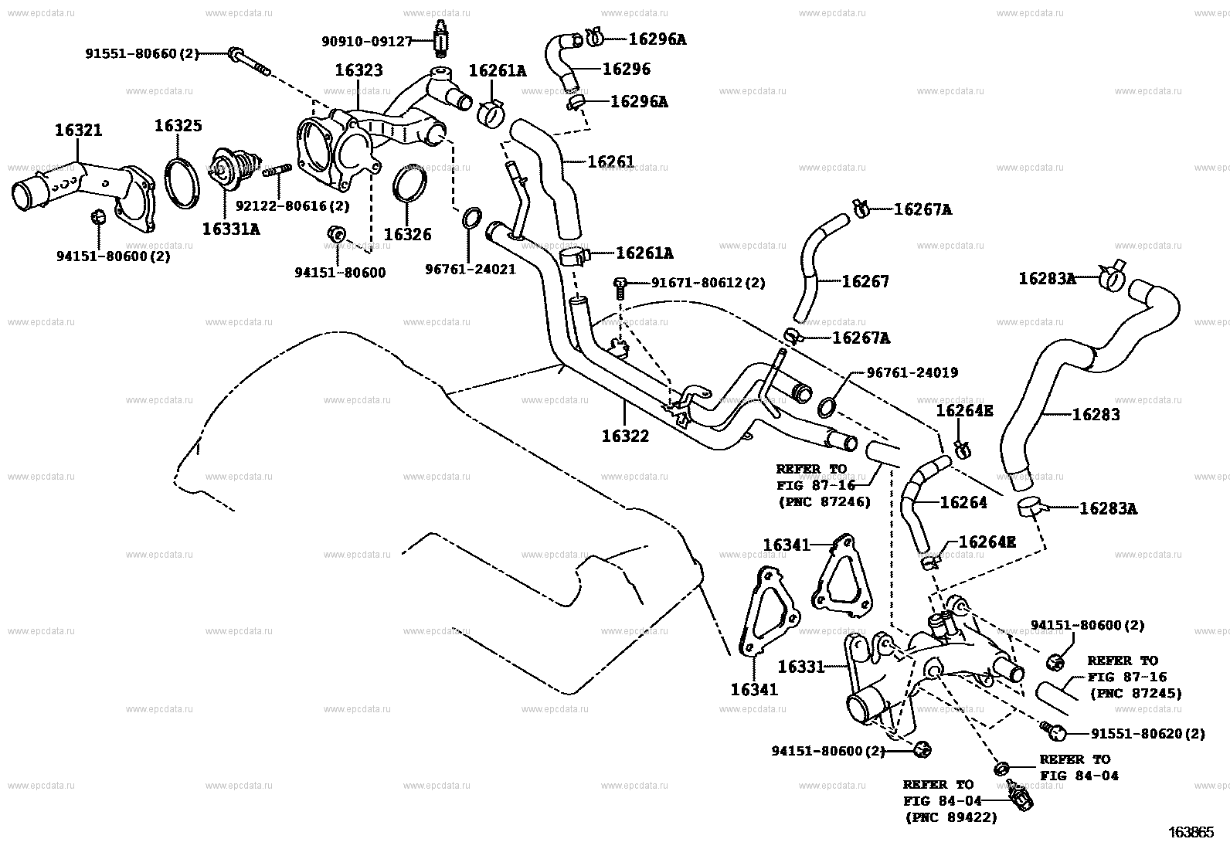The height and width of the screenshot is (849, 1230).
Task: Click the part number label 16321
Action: pyautogui.click(x=78, y=131)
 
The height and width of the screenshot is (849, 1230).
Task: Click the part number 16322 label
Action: pyautogui.click(x=625, y=436)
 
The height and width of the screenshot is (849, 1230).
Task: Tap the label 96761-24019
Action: pyautogui.click(x=912, y=373)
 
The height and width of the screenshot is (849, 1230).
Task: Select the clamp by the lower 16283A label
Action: pyautogui.click(x=1030, y=507)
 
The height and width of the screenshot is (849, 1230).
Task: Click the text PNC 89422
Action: pyautogui.click(x=950, y=817)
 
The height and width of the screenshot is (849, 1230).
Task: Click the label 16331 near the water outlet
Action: pyautogui.click(x=802, y=666)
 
